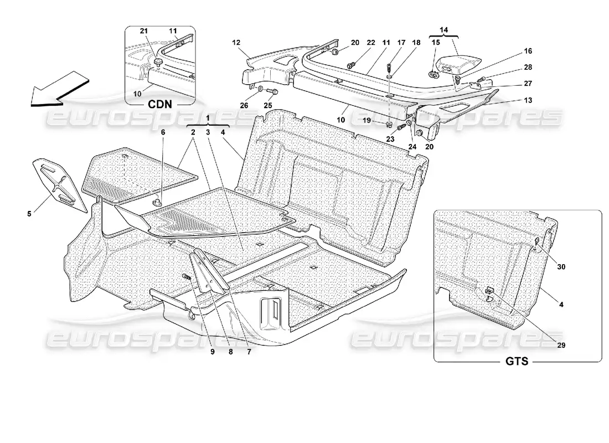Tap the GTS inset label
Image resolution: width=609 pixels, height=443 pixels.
(517, 362)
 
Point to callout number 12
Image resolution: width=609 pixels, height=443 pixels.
(235, 42)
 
